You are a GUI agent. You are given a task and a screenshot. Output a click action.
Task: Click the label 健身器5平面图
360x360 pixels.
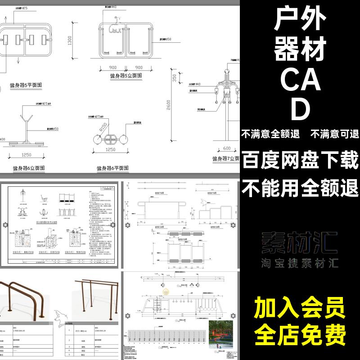click(23, 85)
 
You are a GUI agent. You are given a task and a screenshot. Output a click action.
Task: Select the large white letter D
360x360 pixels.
click(300, 109)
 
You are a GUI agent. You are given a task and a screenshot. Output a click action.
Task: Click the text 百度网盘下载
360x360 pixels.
click(300, 159)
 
